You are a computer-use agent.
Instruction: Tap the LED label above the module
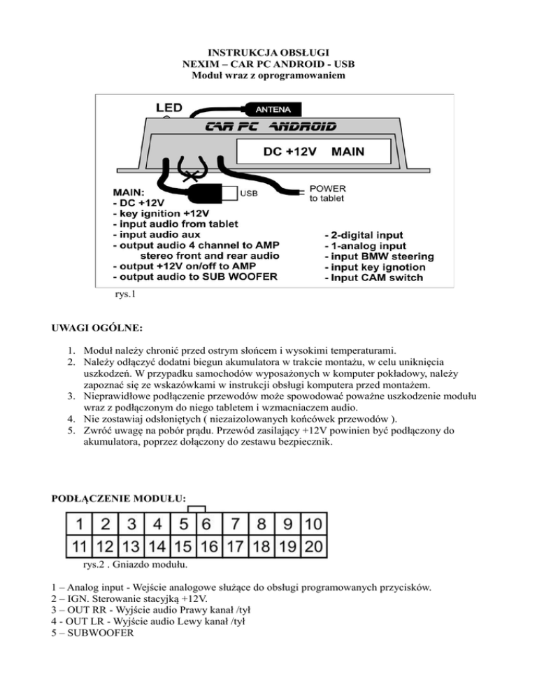[169, 108]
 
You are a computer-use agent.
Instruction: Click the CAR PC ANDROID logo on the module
[270, 127]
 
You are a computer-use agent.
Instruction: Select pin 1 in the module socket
[81, 523]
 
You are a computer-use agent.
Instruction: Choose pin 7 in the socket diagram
[237, 523]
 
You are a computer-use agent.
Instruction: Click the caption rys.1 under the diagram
[124, 294]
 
